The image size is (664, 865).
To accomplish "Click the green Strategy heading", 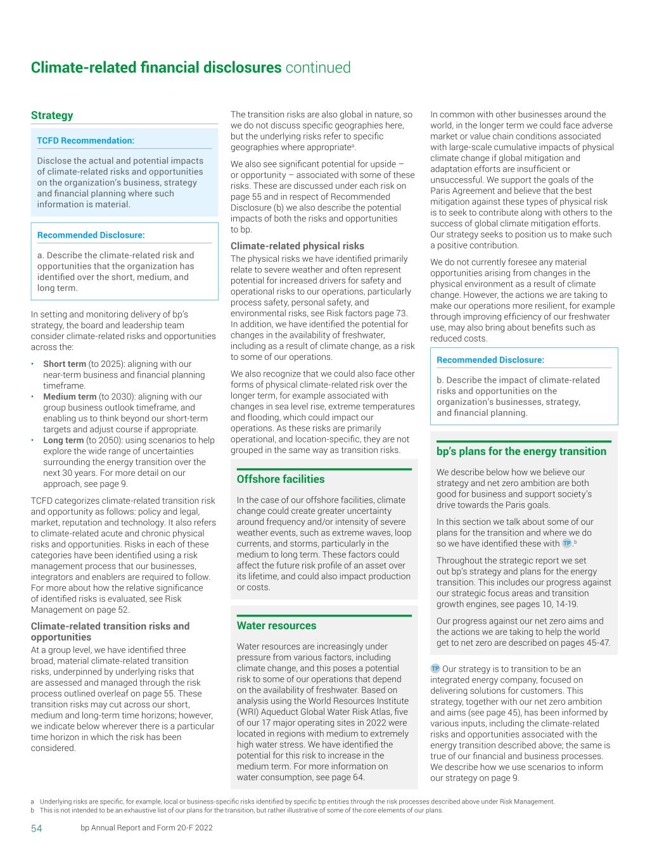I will [52, 115].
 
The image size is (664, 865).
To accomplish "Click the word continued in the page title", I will [317, 67].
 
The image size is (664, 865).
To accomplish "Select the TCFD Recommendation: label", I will [86, 140].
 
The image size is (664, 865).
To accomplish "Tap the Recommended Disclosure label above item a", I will [91, 235].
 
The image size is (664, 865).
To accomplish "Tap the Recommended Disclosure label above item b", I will [490, 360].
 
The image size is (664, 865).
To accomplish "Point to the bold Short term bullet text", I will [64, 364].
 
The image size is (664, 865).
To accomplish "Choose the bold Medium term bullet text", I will [70, 397].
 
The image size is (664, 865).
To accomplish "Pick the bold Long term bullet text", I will [63, 440].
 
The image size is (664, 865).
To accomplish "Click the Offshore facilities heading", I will [280, 479].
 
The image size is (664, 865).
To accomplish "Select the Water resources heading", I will [276, 625].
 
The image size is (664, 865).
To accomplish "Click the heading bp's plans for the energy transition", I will [521, 451].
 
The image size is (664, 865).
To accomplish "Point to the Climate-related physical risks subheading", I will [297, 246].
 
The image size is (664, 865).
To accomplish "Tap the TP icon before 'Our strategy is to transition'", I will [435, 669].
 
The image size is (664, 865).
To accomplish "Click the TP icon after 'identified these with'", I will [566, 544].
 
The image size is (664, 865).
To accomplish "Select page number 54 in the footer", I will [37, 828].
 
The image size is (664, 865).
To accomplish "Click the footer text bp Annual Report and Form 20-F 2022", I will [146, 828].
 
